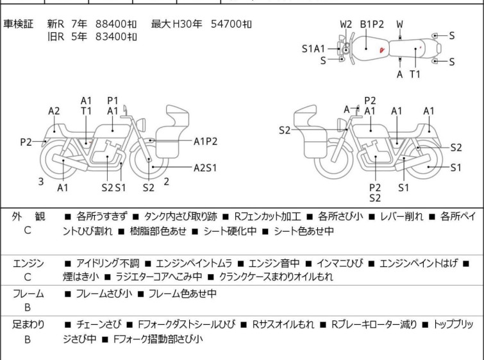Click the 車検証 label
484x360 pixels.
click(18, 24)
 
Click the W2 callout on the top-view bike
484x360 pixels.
click(346, 24)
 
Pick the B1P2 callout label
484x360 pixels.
click(372, 24)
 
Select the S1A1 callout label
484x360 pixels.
click(313, 49)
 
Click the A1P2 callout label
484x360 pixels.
click(206, 141)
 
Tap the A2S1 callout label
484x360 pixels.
click(205, 167)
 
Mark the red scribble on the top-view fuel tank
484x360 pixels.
click(382, 50)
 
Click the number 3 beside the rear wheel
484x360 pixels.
click(41, 182)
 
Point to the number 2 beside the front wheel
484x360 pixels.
click(167, 182)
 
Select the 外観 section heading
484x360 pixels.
click(28, 217)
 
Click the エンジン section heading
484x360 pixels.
click(28, 263)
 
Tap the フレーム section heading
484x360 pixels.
click(28, 293)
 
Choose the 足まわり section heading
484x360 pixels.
click(28, 325)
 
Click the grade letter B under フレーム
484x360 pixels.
click(28, 307)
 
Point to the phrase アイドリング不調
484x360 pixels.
click(108, 263)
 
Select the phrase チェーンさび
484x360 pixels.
click(99, 325)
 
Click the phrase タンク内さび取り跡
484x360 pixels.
click(181, 217)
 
